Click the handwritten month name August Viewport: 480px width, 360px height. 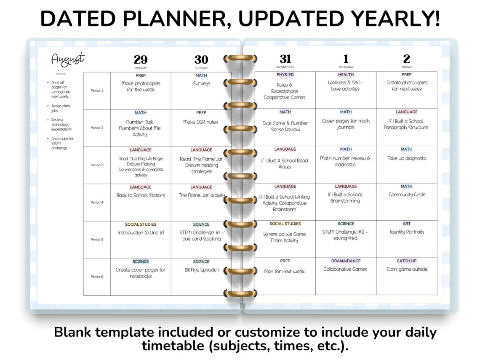point(67,59)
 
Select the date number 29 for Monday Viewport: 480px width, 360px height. point(141,60)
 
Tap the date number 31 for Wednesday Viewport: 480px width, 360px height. point(285,59)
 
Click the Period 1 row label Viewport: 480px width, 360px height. point(97,91)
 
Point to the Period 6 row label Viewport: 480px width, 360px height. point(97,277)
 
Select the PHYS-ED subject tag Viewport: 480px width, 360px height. point(285,75)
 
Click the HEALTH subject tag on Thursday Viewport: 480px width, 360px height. point(346,75)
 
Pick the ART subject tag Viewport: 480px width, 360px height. point(406,224)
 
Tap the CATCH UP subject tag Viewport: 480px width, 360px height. point(406,261)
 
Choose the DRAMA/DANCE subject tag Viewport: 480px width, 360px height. point(346,261)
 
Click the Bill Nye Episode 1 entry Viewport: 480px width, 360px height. point(201,270)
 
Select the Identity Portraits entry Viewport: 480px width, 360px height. point(407,232)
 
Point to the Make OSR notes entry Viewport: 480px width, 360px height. point(201,122)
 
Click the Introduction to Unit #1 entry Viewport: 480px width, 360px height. point(141,233)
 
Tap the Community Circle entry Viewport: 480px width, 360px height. point(407,195)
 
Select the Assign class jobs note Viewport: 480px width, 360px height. point(61,108)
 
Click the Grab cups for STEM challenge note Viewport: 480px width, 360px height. point(62,143)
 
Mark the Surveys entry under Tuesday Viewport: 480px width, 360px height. point(201,83)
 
